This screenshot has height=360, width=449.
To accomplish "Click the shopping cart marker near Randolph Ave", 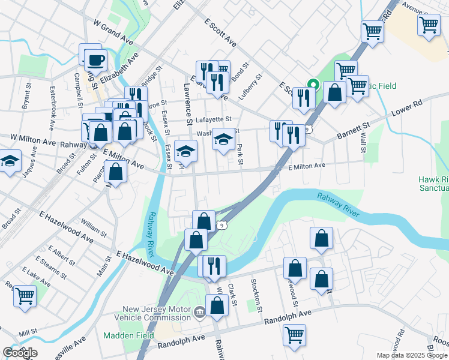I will point(294,334).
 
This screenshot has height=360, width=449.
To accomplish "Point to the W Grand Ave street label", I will point(113,29).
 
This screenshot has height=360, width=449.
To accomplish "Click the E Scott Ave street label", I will point(220,32).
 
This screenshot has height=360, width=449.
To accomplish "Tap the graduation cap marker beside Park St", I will point(223,141).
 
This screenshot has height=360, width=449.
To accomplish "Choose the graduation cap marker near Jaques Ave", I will point(10,161).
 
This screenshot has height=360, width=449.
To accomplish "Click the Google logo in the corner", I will point(20,353).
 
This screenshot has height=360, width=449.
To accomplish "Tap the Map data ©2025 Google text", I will point(412,355).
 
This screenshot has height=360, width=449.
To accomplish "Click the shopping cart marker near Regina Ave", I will point(25,295).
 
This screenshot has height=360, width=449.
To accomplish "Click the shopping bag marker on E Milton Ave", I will point(115,172).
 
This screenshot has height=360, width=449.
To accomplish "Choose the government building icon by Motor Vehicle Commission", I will point(199,311).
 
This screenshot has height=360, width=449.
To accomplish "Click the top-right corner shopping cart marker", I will point(429,25).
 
